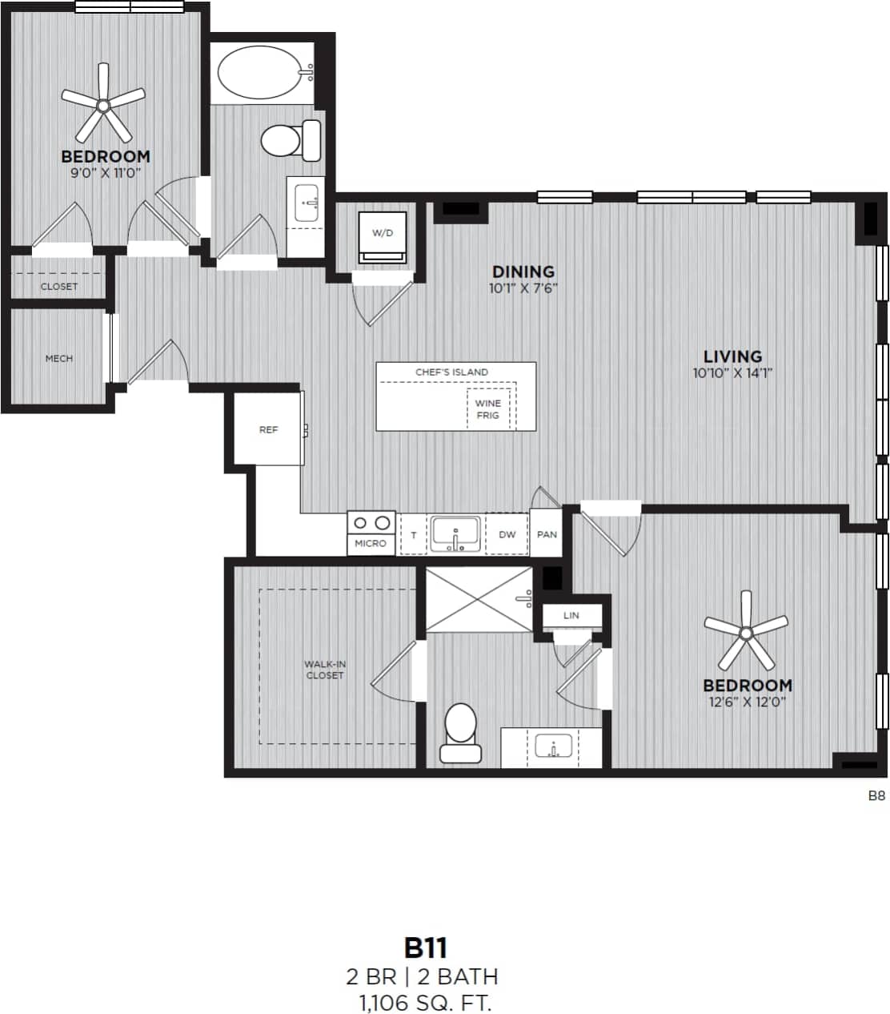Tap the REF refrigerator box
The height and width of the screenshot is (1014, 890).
point(268,430)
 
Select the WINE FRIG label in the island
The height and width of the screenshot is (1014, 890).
point(488,409)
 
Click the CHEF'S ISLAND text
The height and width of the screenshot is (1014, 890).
point(451,372)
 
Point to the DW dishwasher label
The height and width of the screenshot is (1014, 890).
point(507,534)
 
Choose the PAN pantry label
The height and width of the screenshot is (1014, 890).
point(547,534)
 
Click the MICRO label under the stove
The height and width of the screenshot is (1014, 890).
point(371,544)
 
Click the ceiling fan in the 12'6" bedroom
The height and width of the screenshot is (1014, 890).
point(746,633)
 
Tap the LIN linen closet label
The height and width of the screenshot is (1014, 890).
point(571,616)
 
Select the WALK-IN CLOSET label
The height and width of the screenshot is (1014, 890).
point(325,670)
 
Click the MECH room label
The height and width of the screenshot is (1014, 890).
point(59,359)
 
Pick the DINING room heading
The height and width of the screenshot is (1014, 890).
point(523,272)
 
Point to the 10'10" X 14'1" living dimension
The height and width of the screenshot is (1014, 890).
point(732,372)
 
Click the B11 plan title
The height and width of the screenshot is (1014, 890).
point(425,948)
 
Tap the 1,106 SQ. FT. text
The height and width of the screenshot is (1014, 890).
point(424,1002)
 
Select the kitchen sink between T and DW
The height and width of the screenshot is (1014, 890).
point(455,534)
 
